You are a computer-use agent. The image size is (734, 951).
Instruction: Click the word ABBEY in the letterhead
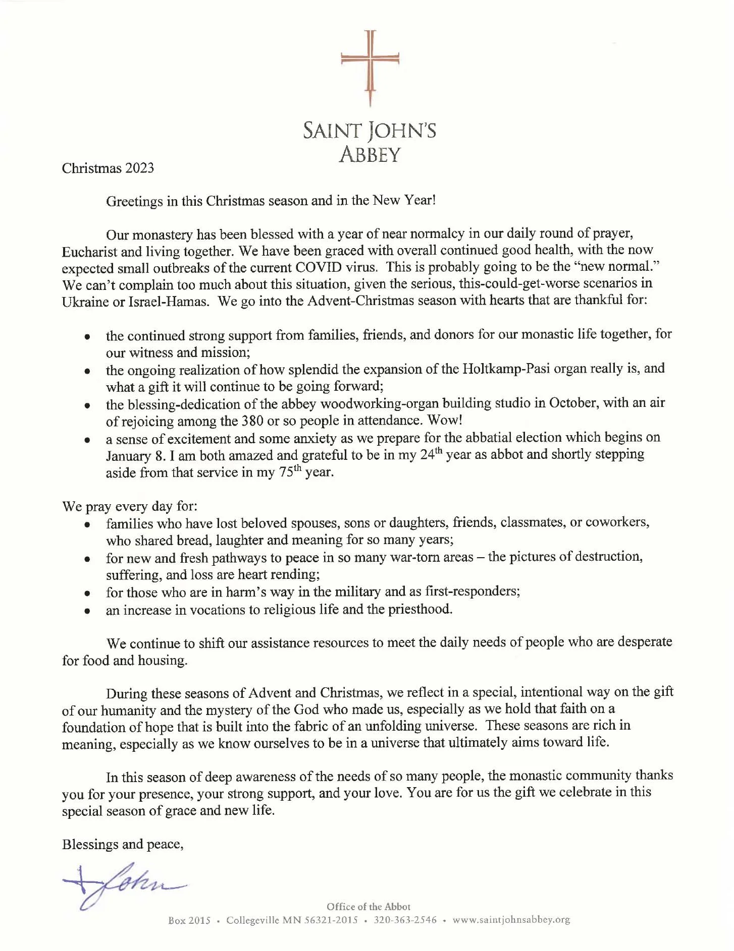[370, 154]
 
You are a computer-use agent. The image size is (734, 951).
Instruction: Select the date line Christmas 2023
[108, 168]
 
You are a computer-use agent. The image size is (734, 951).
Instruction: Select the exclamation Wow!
[445, 420]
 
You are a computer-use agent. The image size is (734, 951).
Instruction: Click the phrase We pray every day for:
[129, 506]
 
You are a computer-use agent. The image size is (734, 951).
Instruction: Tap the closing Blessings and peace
[122, 844]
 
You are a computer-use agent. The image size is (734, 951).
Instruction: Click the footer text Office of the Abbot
[369, 907]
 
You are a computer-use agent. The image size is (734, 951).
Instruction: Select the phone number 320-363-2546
[405, 920]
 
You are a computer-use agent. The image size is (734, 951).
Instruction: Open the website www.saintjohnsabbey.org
[511, 920]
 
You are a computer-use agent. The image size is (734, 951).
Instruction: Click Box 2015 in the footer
[189, 920]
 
